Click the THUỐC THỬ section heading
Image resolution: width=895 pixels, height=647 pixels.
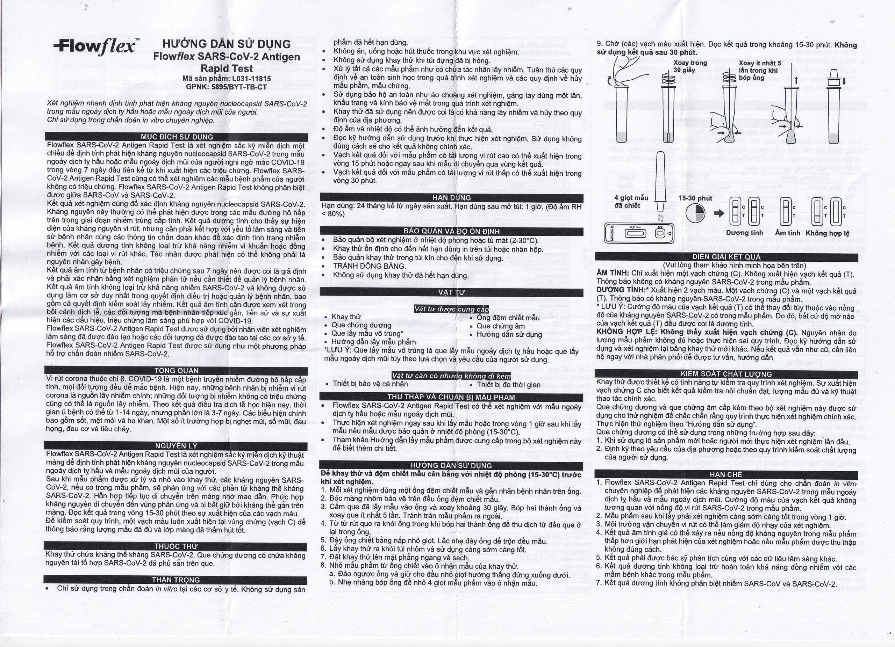[x=176, y=546]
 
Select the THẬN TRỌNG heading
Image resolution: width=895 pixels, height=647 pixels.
[x=176, y=580]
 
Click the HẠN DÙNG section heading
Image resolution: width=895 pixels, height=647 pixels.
[x=451, y=197]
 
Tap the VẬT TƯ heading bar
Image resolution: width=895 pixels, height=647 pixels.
[x=451, y=292]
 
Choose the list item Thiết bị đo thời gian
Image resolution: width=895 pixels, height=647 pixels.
[x=508, y=384]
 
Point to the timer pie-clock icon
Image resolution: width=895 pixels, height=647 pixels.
[x=696, y=213]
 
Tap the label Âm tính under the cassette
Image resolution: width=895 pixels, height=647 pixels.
[x=788, y=233]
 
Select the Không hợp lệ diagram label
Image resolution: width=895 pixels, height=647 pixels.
[x=828, y=233]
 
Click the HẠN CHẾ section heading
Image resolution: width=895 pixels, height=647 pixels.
[x=726, y=474]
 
